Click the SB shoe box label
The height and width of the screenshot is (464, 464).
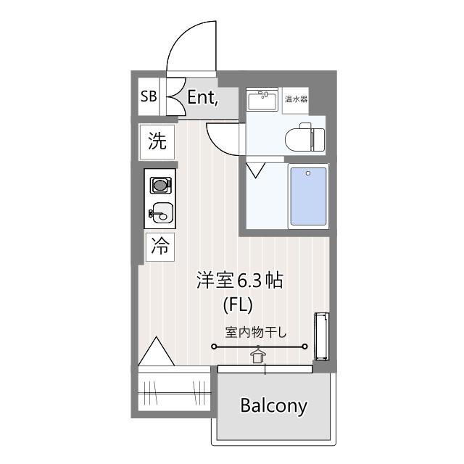[149, 96]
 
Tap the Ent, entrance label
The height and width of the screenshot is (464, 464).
[203, 97]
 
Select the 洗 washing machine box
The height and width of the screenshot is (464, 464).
[157, 142]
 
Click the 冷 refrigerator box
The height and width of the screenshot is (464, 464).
[160, 246]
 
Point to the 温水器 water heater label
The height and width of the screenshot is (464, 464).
[296, 99]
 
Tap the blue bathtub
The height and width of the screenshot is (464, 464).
[308, 196]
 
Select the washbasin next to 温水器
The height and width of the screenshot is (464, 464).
[262, 100]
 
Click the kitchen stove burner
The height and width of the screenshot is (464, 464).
[160, 186]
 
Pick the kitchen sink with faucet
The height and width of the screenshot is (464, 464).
[161, 212]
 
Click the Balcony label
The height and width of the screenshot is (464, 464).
[274, 406]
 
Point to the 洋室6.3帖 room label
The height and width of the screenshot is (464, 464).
[240, 280]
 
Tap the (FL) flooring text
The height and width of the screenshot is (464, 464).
[238, 305]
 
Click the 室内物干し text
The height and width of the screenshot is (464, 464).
[256, 332]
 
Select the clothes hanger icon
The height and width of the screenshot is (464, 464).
[258, 355]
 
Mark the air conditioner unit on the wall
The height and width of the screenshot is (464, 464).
[322, 336]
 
